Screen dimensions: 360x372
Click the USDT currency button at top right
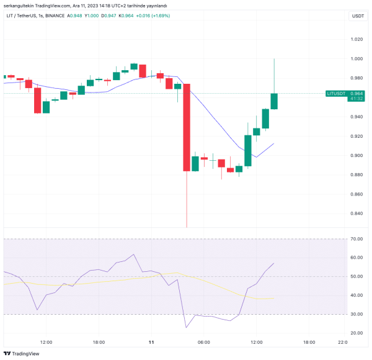pyautogui.click(x=358, y=16)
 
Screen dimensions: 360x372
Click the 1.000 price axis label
pyautogui.click(x=356, y=59)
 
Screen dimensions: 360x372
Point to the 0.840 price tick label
pyautogui.click(x=356, y=214)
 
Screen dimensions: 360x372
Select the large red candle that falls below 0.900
pyautogui.click(x=186, y=127)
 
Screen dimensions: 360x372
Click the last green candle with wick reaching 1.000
pyautogui.click(x=274, y=101)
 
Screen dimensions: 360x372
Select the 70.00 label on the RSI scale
pyautogui.click(x=356, y=238)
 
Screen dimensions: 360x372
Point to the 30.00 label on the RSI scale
pyautogui.click(x=356, y=314)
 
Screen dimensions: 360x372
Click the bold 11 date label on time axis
pyautogui.click(x=151, y=341)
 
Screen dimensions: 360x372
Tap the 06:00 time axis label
pyautogui.click(x=204, y=341)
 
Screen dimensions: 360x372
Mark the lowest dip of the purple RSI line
pyautogui.click(x=186, y=327)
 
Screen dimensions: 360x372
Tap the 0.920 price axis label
pyautogui.click(x=356, y=136)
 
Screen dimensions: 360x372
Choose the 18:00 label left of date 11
pyautogui.click(x=99, y=341)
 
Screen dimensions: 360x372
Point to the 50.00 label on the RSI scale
pyautogui.click(x=356, y=276)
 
